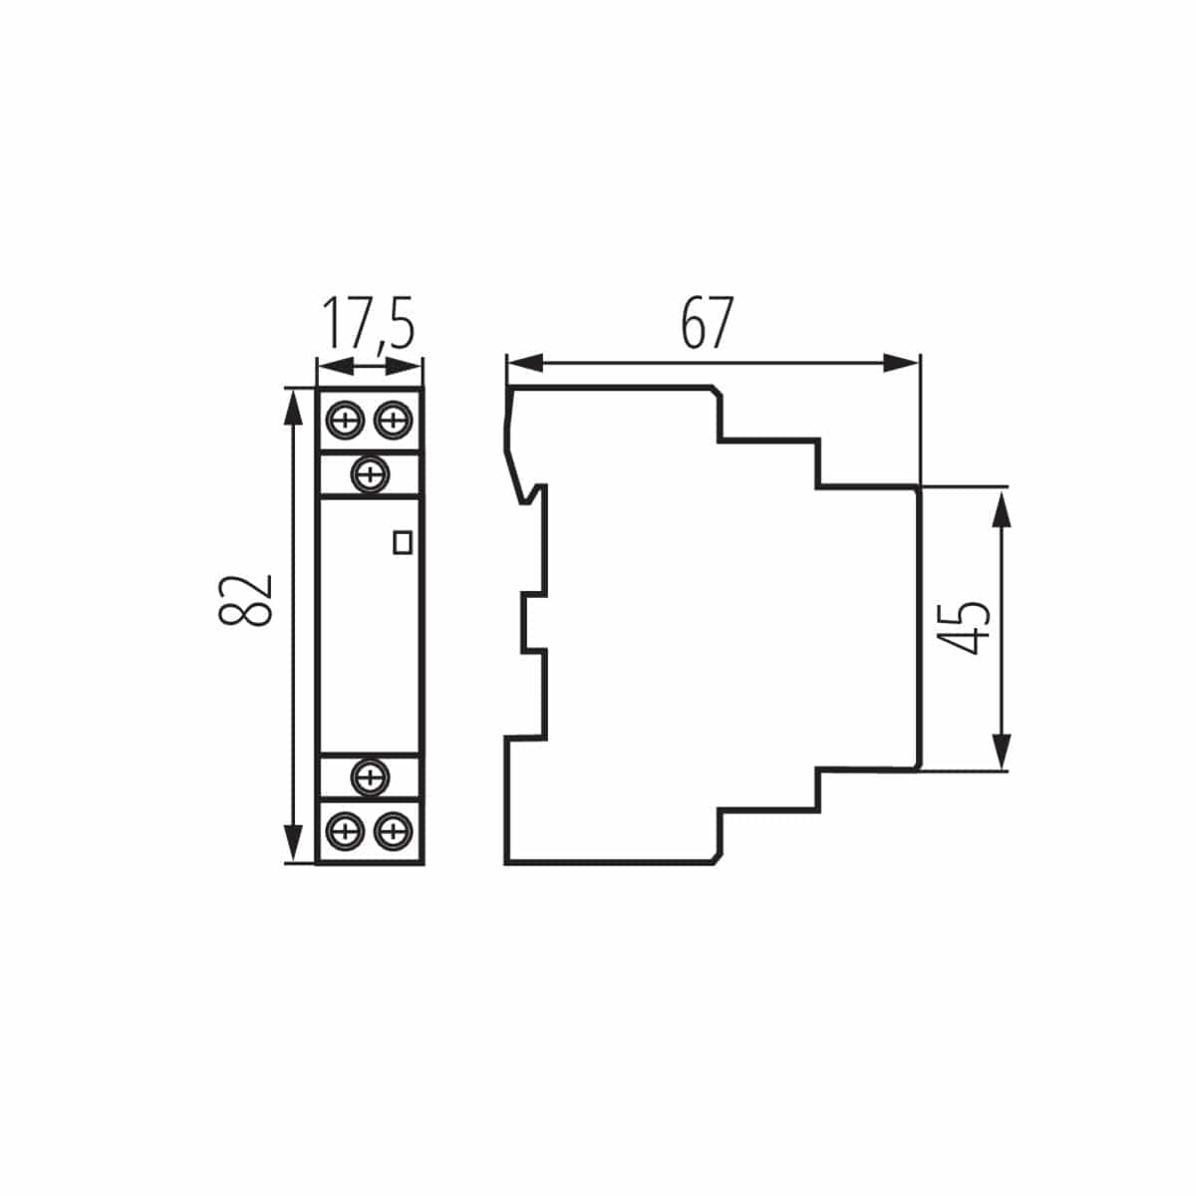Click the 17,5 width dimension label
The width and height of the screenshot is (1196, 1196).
coord(367,324)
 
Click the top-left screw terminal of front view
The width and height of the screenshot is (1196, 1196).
coord(345,420)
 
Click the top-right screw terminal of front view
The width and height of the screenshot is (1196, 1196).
coord(394,420)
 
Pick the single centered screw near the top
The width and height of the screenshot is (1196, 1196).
coord(371,472)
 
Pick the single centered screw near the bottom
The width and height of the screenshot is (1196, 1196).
coord(371,775)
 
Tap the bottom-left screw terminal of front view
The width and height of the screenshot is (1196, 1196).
coord(345,828)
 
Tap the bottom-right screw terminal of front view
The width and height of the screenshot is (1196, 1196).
coord(394,828)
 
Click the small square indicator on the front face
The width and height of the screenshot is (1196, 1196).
coord(403,541)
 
